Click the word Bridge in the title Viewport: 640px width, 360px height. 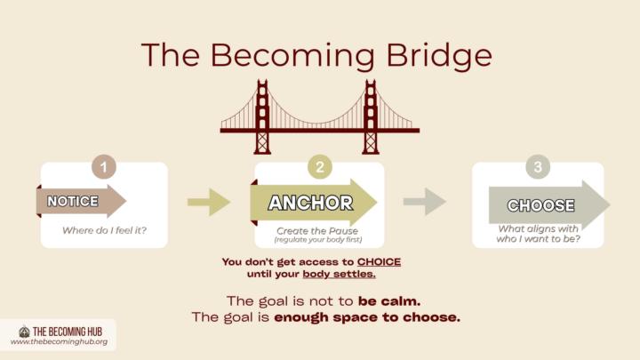[x=439, y=55]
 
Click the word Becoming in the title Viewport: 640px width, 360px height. [x=292, y=55]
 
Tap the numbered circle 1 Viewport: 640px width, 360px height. [x=104, y=166]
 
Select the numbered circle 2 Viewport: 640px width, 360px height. [x=320, y=166]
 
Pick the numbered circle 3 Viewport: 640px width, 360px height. [x=538, y=166]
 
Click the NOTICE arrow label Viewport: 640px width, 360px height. [x=73, y=201]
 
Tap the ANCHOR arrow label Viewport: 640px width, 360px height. [x=310, y=203]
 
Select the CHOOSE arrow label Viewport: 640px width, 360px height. [x=540, y=205]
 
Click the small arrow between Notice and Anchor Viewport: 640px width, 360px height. [x=209, y=202]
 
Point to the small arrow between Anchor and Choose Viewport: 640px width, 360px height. [x=425, y=201]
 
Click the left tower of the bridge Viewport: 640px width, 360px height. [x=262, y=117]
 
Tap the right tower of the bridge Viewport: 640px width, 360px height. [x=370, y=117]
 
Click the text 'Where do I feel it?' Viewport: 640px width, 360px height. [x=105, y=230]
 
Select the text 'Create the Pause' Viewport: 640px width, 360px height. [x=317, y=230]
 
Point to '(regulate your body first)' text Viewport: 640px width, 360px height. [x=318, y=240]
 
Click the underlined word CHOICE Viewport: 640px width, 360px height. [x=379, y=261]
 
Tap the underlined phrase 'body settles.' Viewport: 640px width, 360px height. [x=339, y=274]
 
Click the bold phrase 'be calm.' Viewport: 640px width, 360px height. [x=389, y=301]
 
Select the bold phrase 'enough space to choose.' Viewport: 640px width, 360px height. [x=367, y=317]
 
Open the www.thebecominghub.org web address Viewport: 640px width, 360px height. [x=60, y=341]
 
